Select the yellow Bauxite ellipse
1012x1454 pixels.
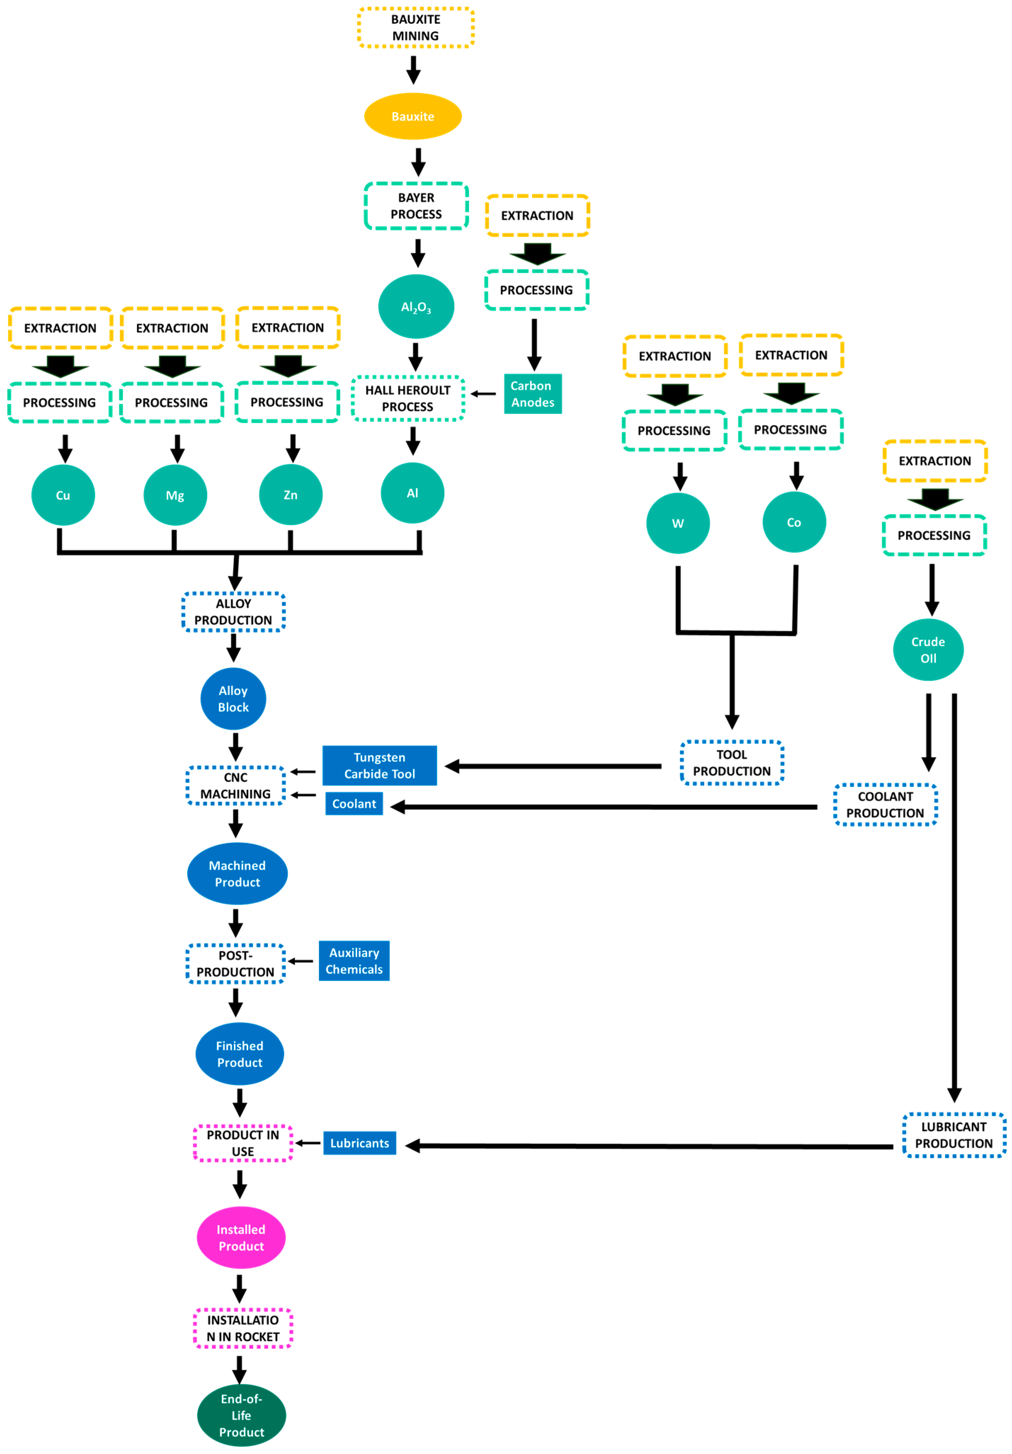(413, 117)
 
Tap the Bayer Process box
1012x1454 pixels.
(416, 206)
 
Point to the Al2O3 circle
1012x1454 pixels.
(416, 306)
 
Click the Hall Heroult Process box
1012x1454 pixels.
(407, 398)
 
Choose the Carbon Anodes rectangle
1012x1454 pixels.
(532, 394)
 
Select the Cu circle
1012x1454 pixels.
(63, 495)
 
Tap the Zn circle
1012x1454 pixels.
(291, 494)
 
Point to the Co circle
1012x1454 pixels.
(794, 522)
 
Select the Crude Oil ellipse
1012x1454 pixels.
(928, 650)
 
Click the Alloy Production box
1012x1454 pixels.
(234, 612)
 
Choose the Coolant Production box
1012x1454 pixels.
(885, 804)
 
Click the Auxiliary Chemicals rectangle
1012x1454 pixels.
(354, 961)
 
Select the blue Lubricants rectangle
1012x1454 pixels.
(360, 1143)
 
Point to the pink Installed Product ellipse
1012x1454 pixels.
(241, 1238)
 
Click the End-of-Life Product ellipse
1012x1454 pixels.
(241, 1415)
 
